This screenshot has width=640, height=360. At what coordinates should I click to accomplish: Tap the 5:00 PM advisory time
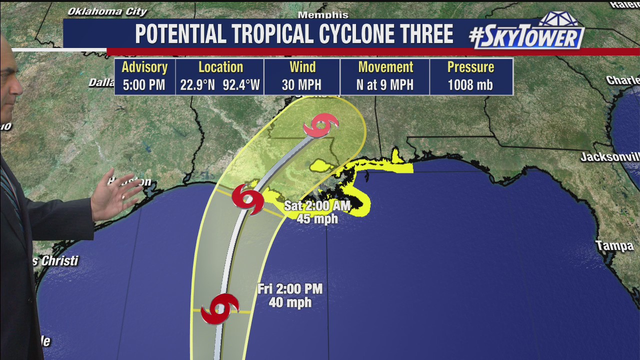click(144, 85)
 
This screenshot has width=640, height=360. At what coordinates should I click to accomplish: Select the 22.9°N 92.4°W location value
click(220, 85)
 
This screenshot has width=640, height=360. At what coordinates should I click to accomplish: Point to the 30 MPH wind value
click(301, 85)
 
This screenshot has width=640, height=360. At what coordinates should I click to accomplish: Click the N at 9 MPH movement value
click(384, 85)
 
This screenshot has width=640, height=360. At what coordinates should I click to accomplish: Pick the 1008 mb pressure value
click(470, 85)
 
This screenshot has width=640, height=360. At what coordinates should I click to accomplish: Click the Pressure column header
click(470, 67)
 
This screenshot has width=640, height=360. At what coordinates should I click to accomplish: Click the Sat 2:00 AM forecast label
click(317, 205)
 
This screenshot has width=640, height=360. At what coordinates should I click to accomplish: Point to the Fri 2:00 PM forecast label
click(290, 289)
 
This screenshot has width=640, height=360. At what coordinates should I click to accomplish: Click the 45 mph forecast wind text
click(317, 218)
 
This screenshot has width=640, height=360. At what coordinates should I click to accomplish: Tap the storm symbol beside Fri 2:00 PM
click(219, 309)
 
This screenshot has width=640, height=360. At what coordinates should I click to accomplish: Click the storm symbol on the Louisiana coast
click(248, 198)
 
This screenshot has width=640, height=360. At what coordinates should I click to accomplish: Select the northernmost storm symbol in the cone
click(320, 125)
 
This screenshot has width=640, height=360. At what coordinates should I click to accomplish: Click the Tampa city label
click(614, 245)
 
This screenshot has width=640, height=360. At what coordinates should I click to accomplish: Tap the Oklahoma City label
click(107, 11)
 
